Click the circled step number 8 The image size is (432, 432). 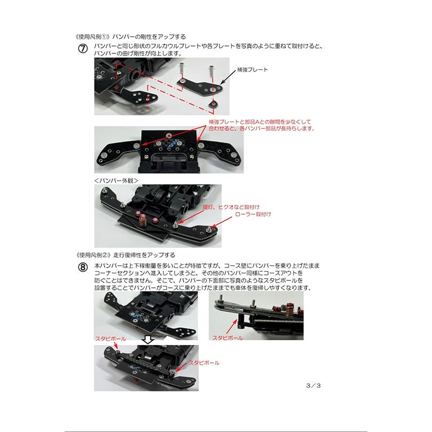(83, 268)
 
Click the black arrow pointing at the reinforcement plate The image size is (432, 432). (228, 78)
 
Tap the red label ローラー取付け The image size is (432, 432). (253, 214)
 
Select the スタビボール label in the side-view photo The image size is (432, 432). (227, 338)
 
